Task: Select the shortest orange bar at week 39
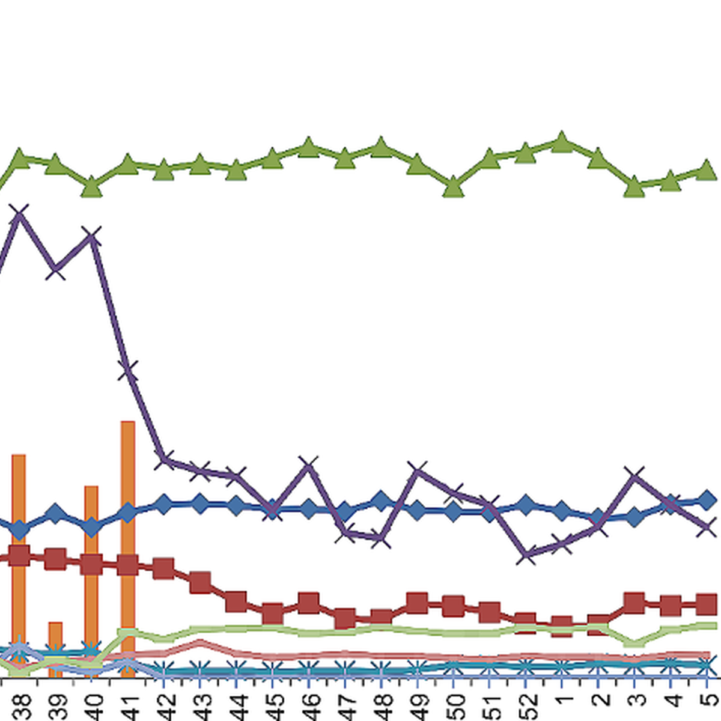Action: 55,649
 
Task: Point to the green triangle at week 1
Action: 562,142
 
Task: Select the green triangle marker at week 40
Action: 91,187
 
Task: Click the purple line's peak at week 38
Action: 19,213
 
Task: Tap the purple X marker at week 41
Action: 127,370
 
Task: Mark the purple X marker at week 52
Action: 526,555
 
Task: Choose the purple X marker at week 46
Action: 308,465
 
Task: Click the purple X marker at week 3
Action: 634,476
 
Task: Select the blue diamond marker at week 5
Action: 707,500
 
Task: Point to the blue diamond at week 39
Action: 55,514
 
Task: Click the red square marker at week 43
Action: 200,582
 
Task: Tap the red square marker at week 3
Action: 634,603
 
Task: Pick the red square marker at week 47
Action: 345,618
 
